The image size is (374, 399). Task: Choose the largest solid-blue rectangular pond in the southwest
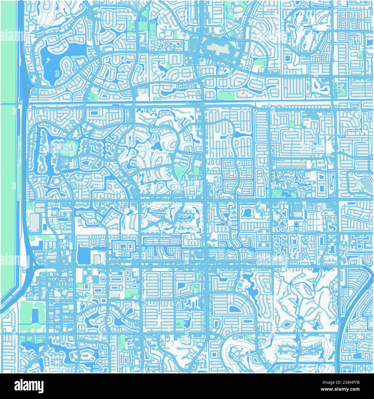(84, 254)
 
